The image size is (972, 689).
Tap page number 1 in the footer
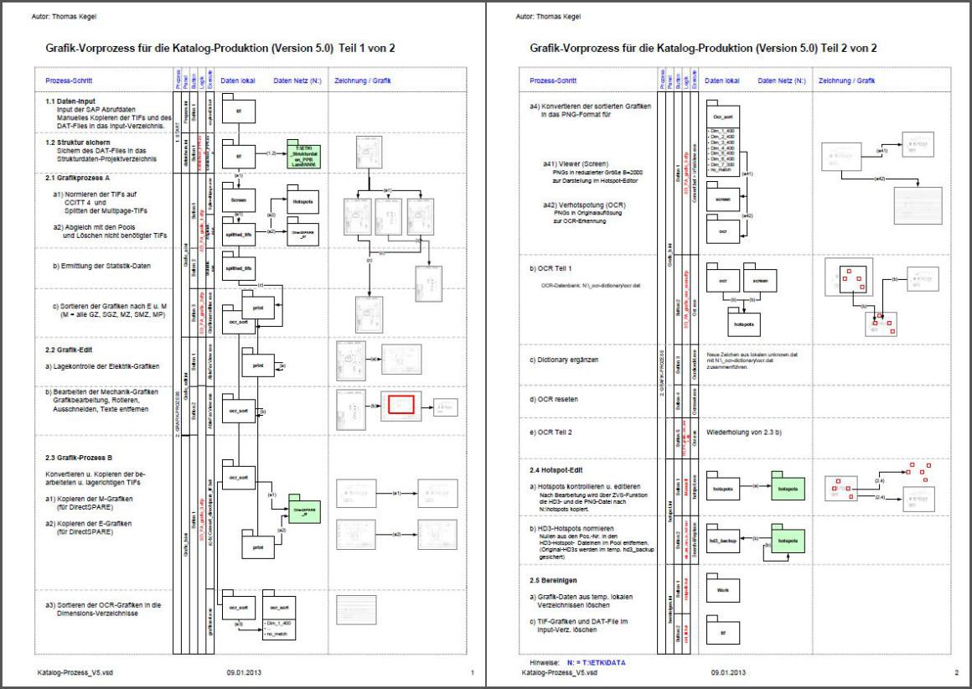click(x=473, y=672)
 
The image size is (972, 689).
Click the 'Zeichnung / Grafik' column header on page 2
click(x=846, y=81)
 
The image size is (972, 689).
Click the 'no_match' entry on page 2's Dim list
click(x=721, y=171)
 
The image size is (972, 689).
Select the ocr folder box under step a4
click(x=722, y=228)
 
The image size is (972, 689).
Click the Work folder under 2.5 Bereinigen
click(x=721, y=589)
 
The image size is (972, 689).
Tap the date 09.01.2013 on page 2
click(x=728, y=672)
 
